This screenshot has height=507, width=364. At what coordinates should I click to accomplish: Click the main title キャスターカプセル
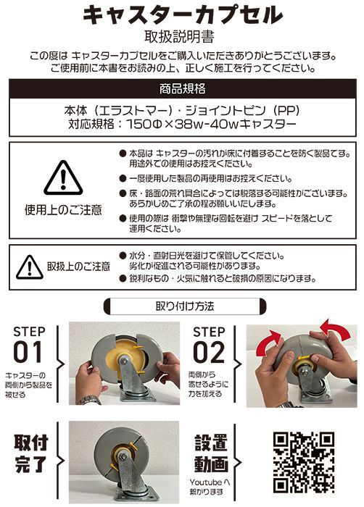point(182,15)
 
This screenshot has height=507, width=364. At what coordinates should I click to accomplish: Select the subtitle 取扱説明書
point(182,36)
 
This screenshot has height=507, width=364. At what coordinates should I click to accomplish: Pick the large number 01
point(30,353)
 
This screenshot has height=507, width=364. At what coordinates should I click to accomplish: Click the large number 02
point(210,353)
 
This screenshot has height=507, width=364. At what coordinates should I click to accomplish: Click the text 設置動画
point(211,453)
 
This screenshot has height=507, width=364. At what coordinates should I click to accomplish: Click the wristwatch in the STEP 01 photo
point(89,399)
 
